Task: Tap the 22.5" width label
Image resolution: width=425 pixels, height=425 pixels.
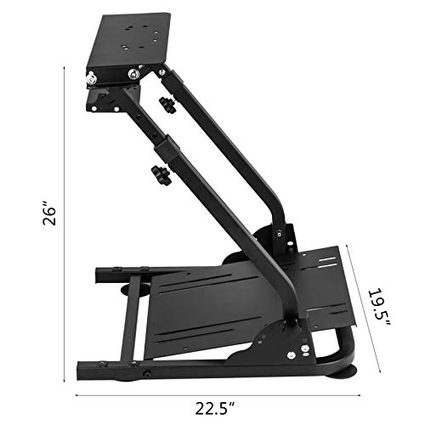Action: tap(213, 406)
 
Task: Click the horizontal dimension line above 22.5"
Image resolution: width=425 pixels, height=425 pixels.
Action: tap(212, 394)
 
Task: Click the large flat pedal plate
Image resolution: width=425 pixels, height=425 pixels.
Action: tap(212, 297)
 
